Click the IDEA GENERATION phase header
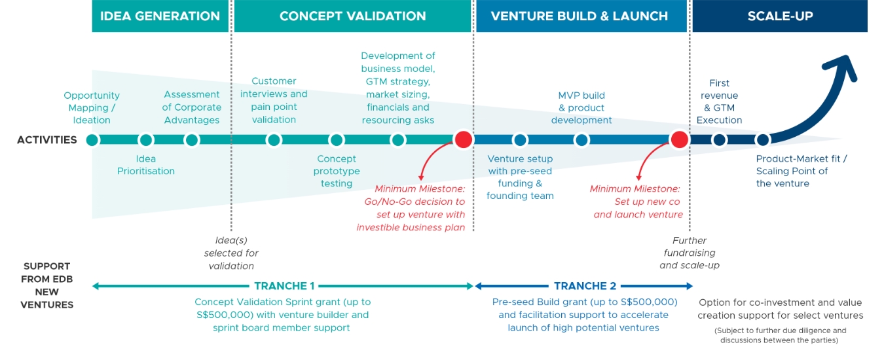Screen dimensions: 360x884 coord(160,16)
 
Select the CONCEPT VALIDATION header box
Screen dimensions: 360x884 coord(352,16)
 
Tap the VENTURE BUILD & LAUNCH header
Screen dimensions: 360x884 coord(580,16)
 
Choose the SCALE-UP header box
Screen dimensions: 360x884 coord(780,16)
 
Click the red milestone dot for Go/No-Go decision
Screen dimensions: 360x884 coord(464,139)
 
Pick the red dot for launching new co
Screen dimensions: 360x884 coord(679,139)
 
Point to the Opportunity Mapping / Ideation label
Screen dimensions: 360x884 coord(92,107)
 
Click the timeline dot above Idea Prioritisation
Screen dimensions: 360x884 coord(146,139)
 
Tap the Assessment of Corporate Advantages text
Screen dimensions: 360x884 coord(192,107)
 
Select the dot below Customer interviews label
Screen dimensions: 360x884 coord(274,139)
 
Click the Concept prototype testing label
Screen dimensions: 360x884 coord(337,171)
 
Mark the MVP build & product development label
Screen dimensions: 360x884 coord(581,107)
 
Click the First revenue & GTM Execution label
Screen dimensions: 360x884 coord(719,101)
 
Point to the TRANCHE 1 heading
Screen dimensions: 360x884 coord(284,286)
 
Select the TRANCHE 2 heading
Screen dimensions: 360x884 coord(585,286)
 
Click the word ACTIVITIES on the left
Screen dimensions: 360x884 coord(47,139)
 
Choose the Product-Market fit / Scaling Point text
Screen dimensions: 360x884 coord(801,171)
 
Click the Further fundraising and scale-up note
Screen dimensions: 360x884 coord(690,253)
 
